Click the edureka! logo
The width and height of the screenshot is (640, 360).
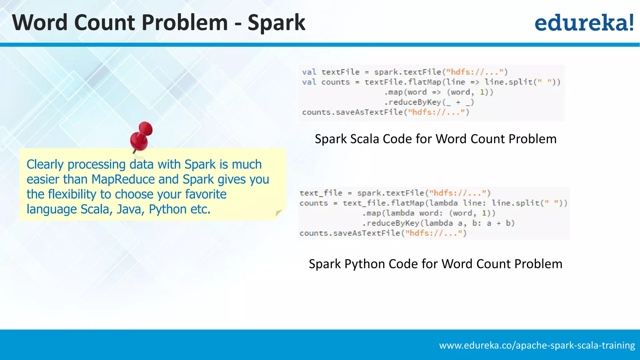584,23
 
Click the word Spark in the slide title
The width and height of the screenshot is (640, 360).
276,23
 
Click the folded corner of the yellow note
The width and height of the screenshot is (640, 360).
278,213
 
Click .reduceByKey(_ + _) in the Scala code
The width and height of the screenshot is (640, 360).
429,102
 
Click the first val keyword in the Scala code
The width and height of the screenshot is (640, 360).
309,72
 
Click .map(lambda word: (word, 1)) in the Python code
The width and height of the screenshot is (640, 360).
429,213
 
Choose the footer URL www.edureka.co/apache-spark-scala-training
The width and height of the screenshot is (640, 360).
537,345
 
